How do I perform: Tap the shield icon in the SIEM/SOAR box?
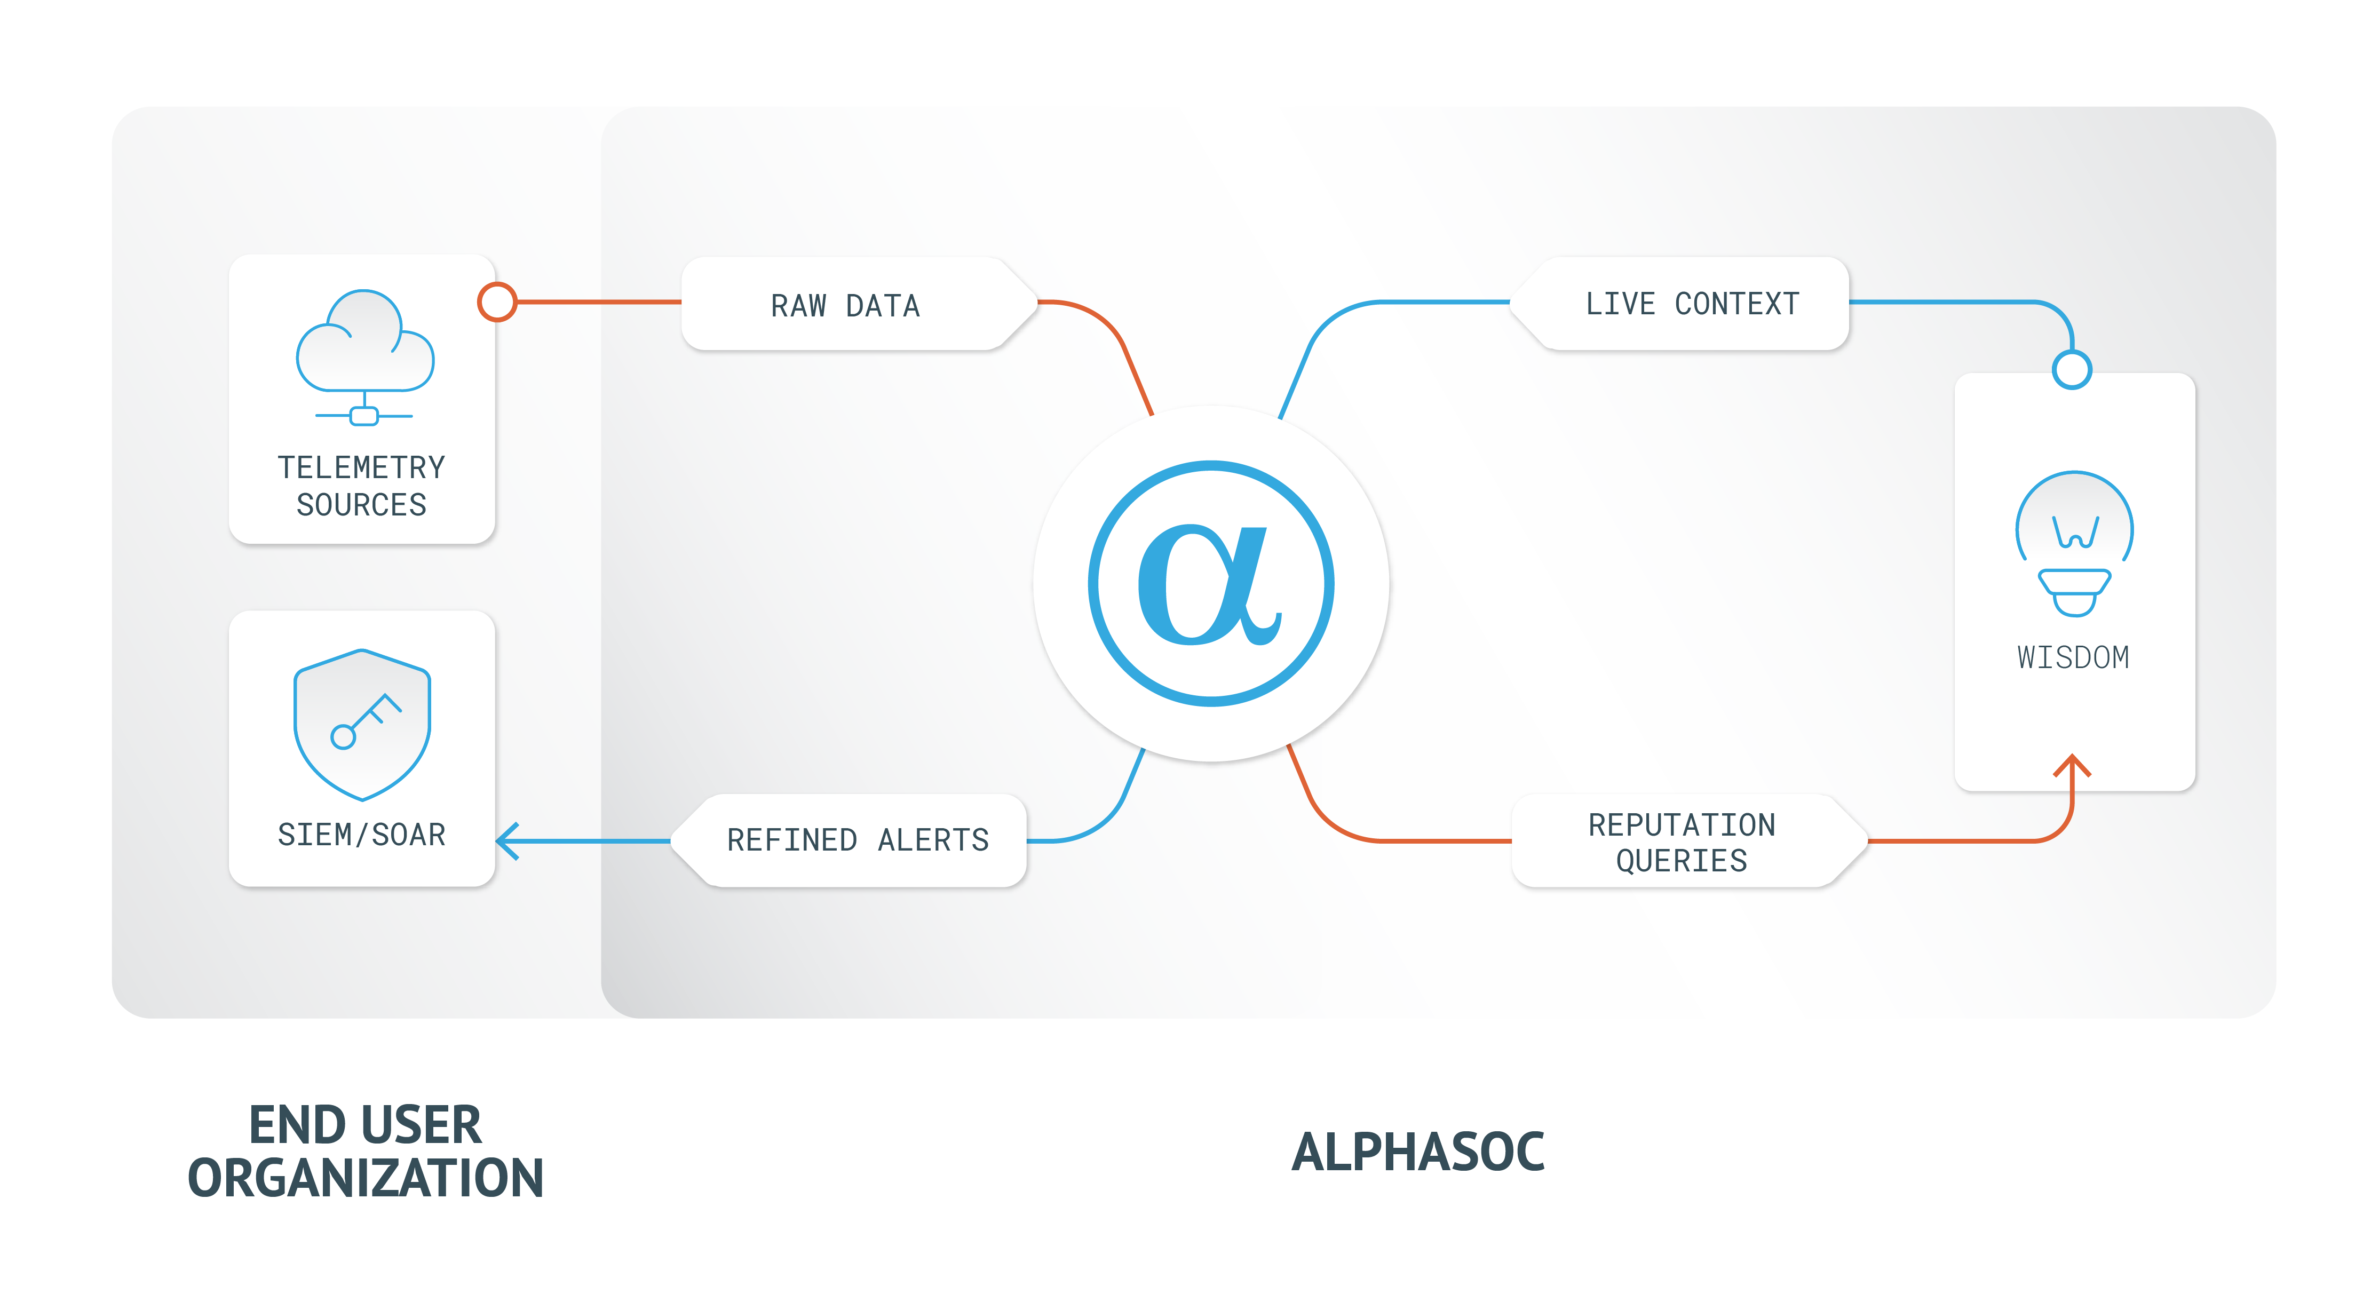coord(362,724)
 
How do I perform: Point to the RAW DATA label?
coord(845,305)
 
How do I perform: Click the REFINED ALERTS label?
coord(858,839)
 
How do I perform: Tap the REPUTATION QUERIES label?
coord(1682,841)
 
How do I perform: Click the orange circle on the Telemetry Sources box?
coord(497,302)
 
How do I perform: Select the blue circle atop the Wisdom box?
coord(2072,370)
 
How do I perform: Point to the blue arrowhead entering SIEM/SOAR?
coord(508,840)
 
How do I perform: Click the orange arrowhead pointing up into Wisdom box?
coord(2072,767)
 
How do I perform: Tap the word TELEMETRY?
coord(362,467)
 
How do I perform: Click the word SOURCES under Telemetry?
coord(362,504)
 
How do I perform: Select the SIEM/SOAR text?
coord(362,834)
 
